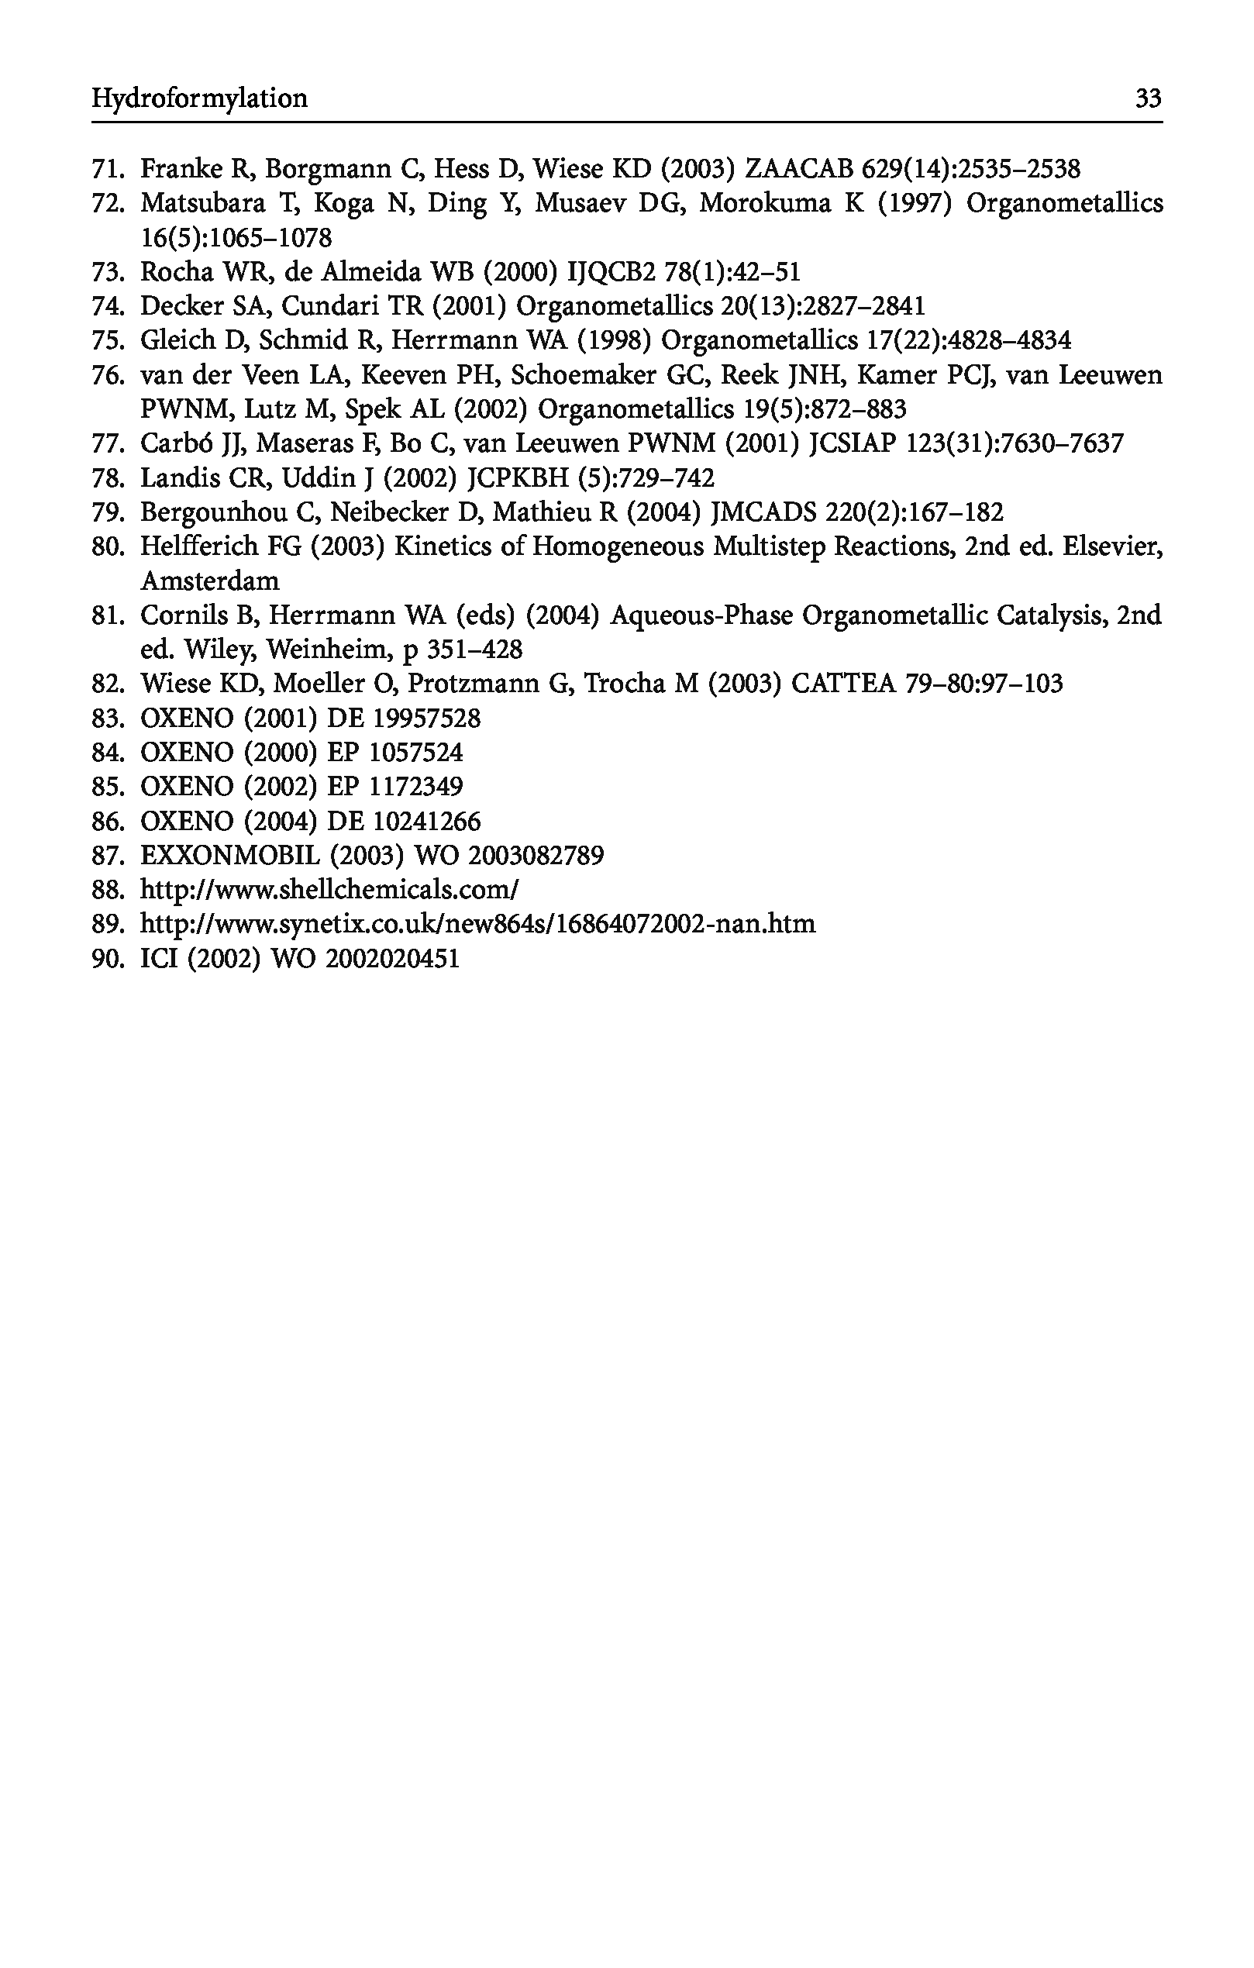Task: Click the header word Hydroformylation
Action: coord(199,99)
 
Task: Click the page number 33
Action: coord(1148,99)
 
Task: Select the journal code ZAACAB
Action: coord(800,169)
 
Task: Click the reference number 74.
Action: coord(106,306)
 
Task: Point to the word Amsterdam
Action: coord(210,581)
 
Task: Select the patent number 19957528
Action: coord(426,719)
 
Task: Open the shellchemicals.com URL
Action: coord(330,890)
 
